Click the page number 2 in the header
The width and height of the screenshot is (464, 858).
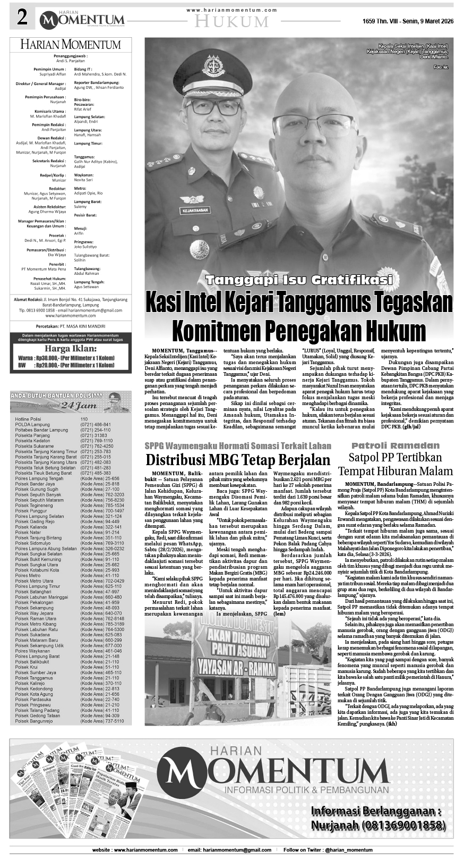(22, 19)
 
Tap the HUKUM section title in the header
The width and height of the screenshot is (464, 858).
(231, 21)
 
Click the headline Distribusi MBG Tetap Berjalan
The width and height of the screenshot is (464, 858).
(238, 459)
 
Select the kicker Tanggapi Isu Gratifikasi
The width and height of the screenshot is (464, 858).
(299, 280)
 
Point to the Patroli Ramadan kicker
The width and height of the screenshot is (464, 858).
(396, 445)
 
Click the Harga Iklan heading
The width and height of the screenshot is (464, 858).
(71, 349)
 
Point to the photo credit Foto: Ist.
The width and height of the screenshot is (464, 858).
(441, 67)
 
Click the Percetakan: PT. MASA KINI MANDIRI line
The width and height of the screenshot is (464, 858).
(71, 326)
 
